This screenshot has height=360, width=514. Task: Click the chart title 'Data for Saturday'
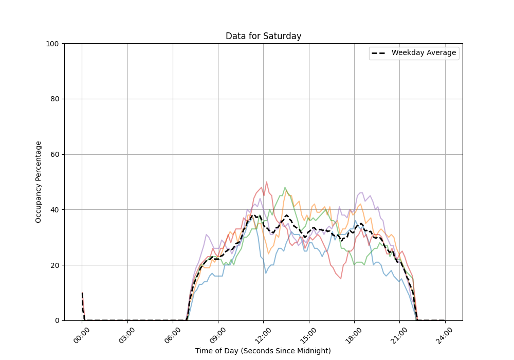point(263,36)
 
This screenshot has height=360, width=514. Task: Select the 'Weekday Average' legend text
point(424,53)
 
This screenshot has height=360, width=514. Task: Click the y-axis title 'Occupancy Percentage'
point(39,182)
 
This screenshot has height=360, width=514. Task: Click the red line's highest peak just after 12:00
point(266,182)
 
